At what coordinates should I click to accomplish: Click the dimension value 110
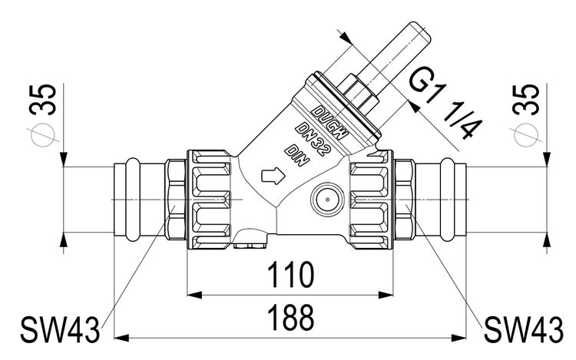290,276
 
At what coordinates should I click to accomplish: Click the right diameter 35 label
529,99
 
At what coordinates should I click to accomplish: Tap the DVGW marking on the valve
332,121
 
